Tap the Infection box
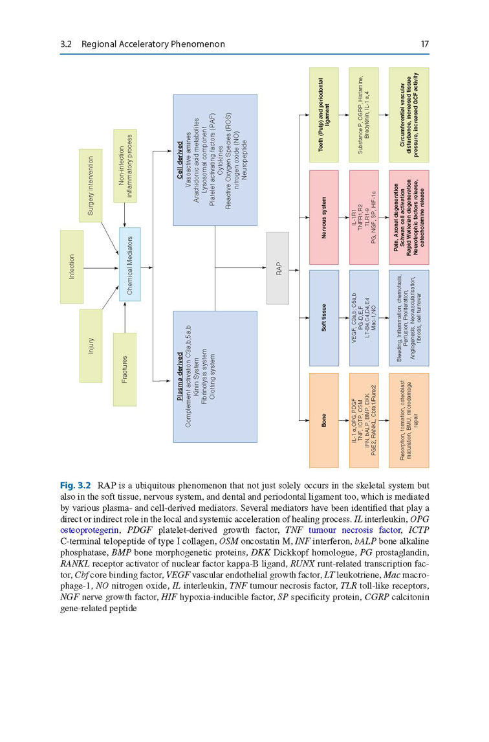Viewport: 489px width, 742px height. click(x=72, y=266)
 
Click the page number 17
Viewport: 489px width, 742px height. click(x=424, y=44)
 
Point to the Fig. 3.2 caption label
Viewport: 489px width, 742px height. click(x=76, y=484)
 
